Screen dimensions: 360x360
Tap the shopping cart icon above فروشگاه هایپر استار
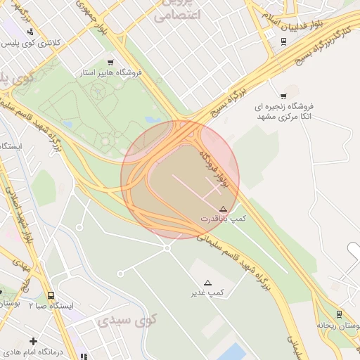pos(109,62)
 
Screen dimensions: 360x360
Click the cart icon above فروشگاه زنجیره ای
pos(283,96)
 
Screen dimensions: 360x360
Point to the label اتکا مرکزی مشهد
pos(285,116)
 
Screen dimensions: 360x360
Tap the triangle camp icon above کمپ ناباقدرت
pos(223,209)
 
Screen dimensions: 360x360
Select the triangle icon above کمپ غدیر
pos(207,281)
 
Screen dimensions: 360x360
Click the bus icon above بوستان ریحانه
pos(339,314)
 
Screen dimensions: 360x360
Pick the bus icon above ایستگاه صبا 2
pos(51,296)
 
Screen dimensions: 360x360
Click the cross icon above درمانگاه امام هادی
pos(33,341)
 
